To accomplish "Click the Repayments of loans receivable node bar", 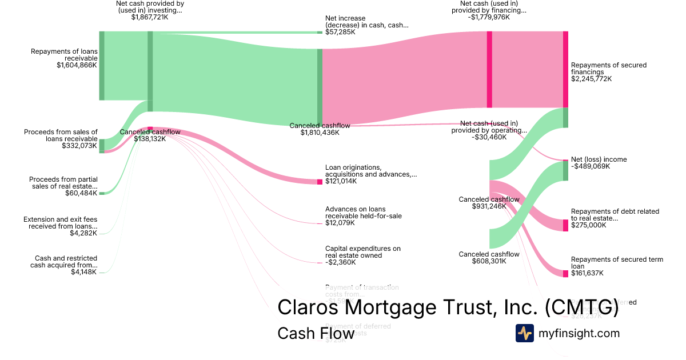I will [102, 66].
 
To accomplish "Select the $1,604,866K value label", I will [77, 65].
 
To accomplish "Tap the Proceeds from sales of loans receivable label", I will [61, 135].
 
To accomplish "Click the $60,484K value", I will [81, 193].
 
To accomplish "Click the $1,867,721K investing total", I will [150, 17].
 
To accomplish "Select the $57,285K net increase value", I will [340, 32].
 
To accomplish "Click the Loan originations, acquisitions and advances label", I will [370, 171].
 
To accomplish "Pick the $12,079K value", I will [340, 223].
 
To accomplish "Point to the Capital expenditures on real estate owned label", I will [363, 252].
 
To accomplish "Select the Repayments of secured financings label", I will [608, 69].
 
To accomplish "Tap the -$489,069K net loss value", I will [591, 167].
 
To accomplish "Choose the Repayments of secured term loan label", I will [617, 263].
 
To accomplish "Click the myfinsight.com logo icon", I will [524, 333].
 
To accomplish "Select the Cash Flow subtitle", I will [316, 333].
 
